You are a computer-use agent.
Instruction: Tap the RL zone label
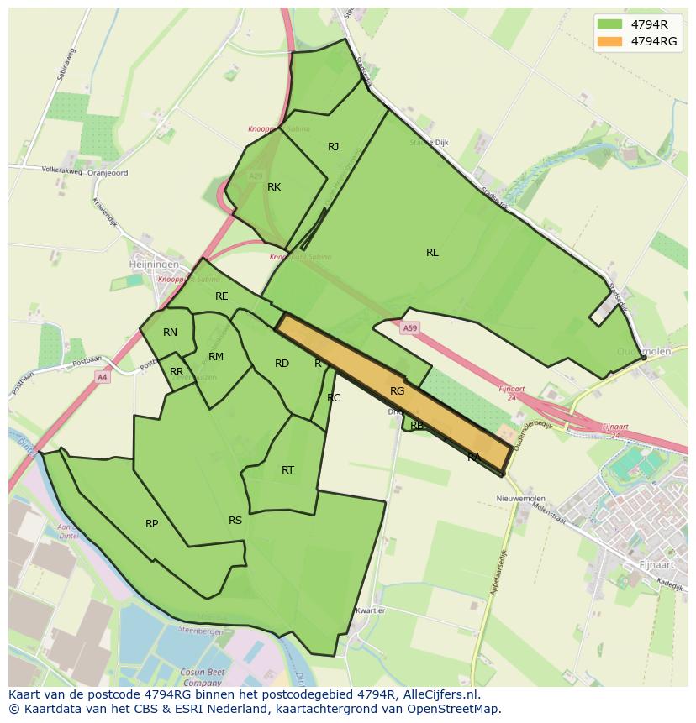click(x=432, y=253)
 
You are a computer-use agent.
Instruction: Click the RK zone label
click(x=274, y=187)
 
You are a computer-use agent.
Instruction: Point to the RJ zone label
click(x=334, y=147)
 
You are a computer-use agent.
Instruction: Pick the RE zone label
click(x=222, y=296)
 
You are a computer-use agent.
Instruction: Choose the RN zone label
click(x=171, y=333)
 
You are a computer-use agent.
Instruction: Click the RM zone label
click(x=216, y=357)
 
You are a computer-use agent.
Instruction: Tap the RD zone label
click(x=282, y=364)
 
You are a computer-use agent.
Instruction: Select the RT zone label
click(x=288, y=470)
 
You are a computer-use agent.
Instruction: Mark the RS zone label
click(x=235, y=521)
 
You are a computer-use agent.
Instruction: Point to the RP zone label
click(x=152, y=524)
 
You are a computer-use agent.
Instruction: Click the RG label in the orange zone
click(x=398, y=391)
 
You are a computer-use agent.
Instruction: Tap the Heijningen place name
click(x=154, y=264)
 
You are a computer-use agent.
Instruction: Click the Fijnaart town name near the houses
click(x=657, y=564)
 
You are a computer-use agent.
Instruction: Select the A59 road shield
click(x=409, y=328)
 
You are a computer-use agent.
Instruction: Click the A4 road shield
click(x=102, y=377)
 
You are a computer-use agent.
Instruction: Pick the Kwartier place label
click(x=370, y=610)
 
